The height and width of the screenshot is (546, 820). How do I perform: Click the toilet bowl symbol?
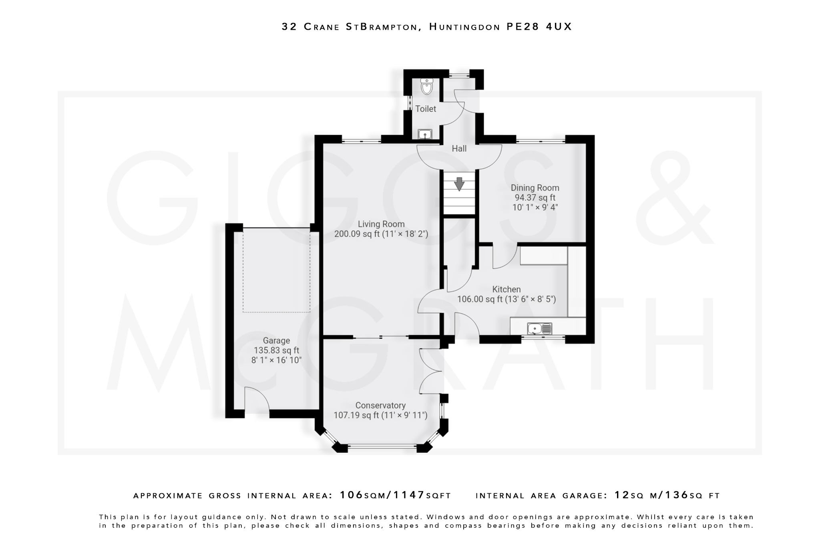pos(427,87)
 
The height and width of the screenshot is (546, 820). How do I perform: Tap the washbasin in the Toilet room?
pos(424,134)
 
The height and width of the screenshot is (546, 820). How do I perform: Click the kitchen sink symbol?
pos(539,329)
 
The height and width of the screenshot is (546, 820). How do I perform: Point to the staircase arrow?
pos(459,184)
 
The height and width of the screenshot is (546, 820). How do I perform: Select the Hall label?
pos(459,149)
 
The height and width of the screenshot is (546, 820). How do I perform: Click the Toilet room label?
pos(425,109)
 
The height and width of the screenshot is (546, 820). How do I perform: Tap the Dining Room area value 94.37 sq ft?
pos(535,198)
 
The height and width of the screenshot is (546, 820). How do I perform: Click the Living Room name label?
pos(381,224)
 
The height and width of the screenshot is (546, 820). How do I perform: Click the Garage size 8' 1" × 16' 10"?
pos(276,360)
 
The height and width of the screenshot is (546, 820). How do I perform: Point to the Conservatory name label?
pos(380,406)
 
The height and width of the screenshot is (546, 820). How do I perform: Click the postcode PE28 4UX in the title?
pos(539,27)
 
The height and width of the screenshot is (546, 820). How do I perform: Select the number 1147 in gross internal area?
pos(409,495)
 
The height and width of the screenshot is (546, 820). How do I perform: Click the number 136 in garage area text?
pos(677,495)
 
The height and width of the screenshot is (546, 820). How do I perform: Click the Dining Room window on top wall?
pos(541,140)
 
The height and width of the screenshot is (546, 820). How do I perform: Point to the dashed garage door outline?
pos(276,272)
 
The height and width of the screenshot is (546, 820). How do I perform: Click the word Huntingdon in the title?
pos(464,27)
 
